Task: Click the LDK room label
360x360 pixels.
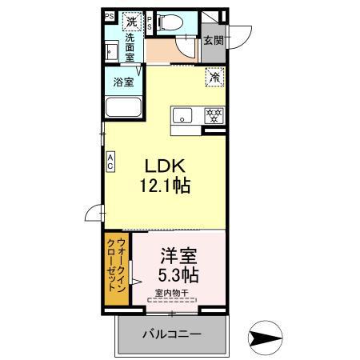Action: (165, 166)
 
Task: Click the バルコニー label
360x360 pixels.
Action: (173, 333)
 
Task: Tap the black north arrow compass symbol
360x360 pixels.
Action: (263, 338)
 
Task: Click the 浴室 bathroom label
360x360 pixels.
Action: (123, 80)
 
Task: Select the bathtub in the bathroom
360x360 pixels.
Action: (123, 107)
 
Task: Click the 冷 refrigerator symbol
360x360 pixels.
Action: (215, 78)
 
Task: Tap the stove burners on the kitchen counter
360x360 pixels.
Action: (214, 114)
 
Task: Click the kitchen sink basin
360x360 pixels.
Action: (181, 113)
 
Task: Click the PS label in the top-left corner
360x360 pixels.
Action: (109, 15)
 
